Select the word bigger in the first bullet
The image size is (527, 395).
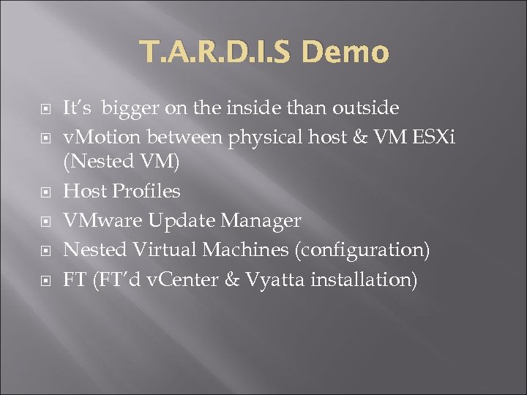tap(130, 108)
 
